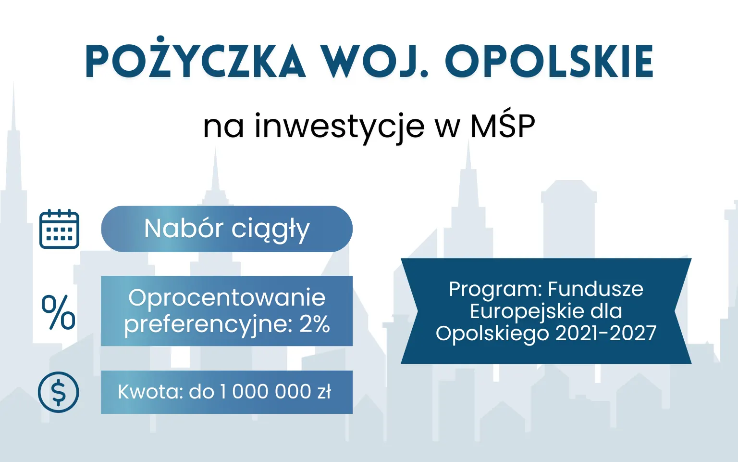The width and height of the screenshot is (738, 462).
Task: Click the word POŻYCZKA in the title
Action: (196, 61)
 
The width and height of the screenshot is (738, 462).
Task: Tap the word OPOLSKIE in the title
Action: (549, 61)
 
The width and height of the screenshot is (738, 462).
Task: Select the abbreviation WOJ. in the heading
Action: (374, 61)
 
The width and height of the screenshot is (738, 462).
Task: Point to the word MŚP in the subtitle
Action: (503, 126)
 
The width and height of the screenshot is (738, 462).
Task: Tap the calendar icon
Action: (59, 229)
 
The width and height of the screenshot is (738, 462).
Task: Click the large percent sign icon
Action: (58, 312)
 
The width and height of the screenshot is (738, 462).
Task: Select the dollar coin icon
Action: (59, 392)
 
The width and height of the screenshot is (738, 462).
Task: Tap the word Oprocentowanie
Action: (227, 298)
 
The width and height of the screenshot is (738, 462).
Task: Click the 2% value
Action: (315, 324)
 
